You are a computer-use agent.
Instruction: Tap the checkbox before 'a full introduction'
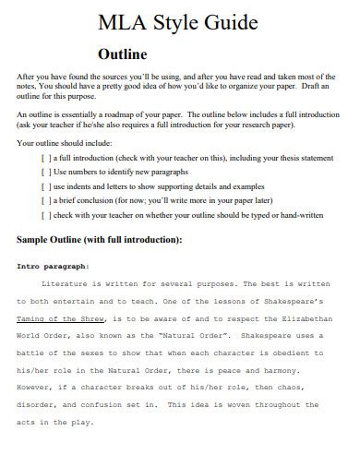pos(45,159)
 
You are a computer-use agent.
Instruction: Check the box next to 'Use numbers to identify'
pos(45,173)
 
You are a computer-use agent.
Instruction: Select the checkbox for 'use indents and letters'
pos(45,186)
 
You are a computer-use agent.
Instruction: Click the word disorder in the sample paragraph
pos(36,389)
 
